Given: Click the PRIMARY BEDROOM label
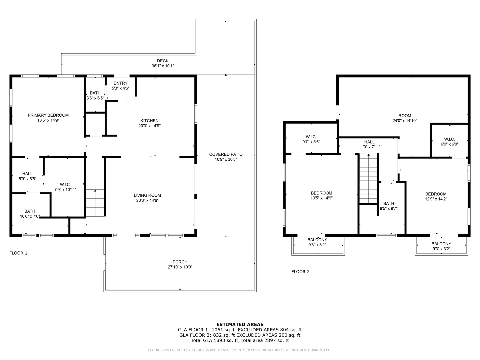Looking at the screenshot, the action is [48, 115].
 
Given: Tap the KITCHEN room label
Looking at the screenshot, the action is [149, 121].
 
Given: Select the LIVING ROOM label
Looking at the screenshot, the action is [147, 195].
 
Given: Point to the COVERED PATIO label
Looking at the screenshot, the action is [226, 154].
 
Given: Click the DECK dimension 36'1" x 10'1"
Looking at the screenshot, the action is [163, 66].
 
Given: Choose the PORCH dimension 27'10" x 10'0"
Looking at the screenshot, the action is [180, 267].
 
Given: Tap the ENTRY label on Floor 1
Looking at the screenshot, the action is [120, 83].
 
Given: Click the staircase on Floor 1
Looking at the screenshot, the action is [95, 203].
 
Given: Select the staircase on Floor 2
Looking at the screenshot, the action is [368, 178].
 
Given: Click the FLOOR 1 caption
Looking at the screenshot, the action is [18, 253].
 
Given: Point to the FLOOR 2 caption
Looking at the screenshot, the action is [300, 272].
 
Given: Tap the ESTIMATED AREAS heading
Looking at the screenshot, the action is [240, 324].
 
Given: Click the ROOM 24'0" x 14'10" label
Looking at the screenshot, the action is [405, 118].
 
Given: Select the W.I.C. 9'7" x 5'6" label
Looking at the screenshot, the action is [311, 139].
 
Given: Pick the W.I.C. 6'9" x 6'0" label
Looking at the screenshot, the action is [449, 142].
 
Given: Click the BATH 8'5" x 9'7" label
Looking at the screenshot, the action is [389, 206].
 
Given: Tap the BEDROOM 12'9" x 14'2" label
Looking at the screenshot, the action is [436, 197].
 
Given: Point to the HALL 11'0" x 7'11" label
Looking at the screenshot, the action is [369, 144].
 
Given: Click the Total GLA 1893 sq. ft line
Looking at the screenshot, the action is [240, 340].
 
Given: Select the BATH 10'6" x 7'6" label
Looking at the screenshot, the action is [30, 214].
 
